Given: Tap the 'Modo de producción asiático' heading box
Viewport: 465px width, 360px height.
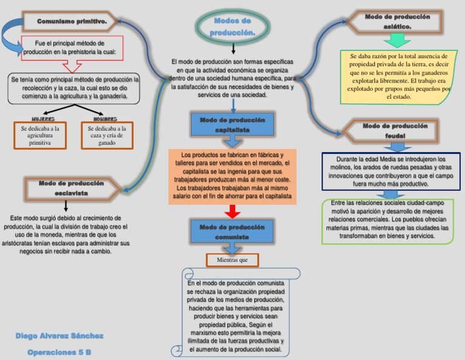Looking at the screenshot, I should (397, 22).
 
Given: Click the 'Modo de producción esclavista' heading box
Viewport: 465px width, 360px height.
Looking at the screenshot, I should (71, 188).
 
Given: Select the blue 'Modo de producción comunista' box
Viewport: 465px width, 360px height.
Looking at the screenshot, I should (232, 232).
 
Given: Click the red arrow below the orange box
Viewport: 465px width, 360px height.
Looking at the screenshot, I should (232, 212).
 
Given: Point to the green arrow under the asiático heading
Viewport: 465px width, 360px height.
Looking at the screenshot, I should (397, 41).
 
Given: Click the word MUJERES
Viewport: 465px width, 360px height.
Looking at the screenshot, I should (43, 119).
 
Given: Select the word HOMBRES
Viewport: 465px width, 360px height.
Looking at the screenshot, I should (105, 119).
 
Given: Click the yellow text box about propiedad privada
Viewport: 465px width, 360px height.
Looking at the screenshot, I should (398, 76).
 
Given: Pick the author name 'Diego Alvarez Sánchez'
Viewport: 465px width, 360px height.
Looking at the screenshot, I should (59, 336).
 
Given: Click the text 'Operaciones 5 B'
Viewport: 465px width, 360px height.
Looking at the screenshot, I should (59, 352).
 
